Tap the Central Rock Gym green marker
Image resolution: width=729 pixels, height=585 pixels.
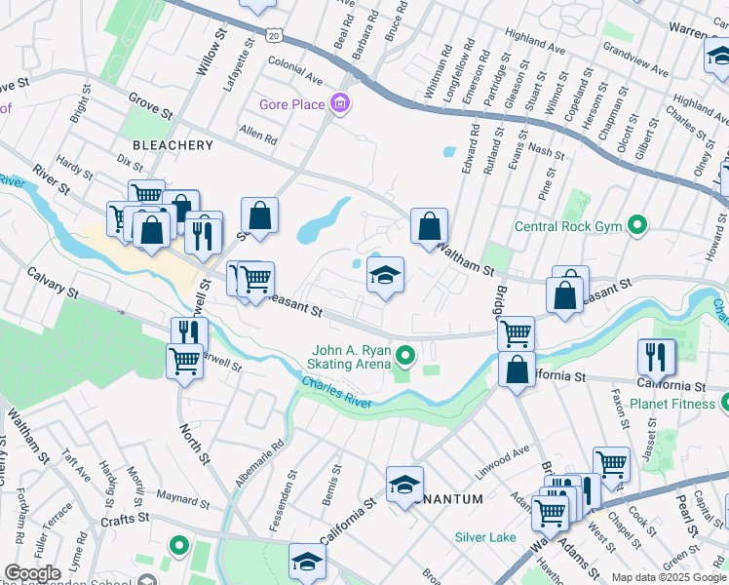pos(637,227)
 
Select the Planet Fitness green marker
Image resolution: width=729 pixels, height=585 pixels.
pos(725,403)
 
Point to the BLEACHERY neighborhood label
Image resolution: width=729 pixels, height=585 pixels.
pos(173,145)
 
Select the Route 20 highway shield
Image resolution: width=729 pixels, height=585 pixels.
pos(275,35)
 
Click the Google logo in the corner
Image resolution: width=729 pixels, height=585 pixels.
pos(32,573)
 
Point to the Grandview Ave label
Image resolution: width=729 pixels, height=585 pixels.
pos(635,58)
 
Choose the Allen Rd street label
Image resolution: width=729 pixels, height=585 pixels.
pos(258,136)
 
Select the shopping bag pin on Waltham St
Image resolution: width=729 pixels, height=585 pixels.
pos(429,228)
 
